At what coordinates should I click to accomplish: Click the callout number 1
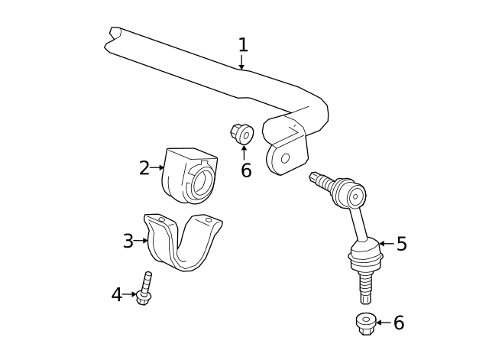coord(243,45)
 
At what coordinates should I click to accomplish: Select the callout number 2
coord(144,168)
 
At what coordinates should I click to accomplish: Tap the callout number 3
coord(128,242)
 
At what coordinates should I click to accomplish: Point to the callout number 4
coord(116,294)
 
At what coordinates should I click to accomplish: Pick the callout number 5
coord(401,245)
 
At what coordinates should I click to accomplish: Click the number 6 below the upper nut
coord(245,170)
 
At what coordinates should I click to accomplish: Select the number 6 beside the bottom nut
coord(398,323)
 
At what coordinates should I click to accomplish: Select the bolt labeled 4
coord(144,289)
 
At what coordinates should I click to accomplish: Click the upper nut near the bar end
coord(242,135)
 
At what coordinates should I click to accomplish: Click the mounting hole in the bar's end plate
coord(285,158)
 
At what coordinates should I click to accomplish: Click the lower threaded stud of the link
coord(366,289)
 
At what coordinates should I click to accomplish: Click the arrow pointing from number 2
coord(157,167)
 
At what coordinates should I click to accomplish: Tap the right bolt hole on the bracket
coord(209,219)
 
